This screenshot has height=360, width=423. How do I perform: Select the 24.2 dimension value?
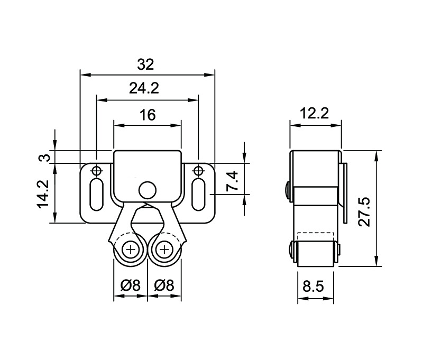click(x=144, y=88)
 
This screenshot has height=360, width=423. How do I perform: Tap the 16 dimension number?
click(x=148, y=115)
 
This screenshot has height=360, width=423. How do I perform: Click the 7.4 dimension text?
click(x=232, y=181)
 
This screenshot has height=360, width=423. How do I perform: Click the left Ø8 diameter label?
click(x=131, y=285)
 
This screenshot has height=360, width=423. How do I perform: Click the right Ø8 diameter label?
click(x=164, y=285)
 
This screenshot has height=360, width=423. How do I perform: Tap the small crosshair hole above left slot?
click(x=96, y=170)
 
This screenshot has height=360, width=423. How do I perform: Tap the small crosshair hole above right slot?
click(x=198, y=170)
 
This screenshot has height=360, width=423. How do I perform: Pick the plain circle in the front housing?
click(x=147, y=189)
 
